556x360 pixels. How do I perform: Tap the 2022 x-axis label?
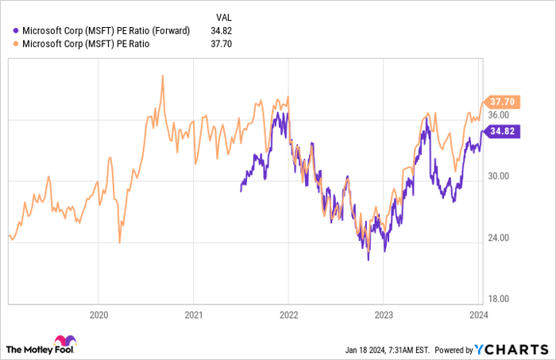(x=288, y=314)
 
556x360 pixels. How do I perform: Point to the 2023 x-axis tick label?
(x=383, y=314)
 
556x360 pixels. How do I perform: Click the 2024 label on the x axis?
(x=478, y=314)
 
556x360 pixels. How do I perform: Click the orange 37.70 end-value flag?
(x=504, y=102)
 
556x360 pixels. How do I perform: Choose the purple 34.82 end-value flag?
(x=504, y=131)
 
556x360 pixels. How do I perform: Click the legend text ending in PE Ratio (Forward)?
(x=106, y=31)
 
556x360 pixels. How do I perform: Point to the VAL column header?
(x=226, y=16)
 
